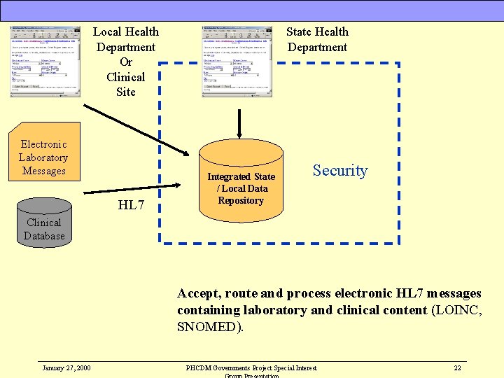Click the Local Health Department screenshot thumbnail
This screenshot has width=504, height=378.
[x=45, y=61]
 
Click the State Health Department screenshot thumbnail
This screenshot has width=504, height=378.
[x=237, y=61]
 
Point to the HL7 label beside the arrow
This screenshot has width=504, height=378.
[x=131, y=205]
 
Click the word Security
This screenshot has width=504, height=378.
[x=339, y=171]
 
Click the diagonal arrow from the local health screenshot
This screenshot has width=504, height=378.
[x=136, y=129]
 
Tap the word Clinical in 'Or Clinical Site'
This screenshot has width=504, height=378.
[x=126, y=77]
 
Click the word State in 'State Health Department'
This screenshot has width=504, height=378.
[x=301, y=31]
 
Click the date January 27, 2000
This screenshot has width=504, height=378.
[x=66, y=367]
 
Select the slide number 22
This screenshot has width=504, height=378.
[x=457, y=367]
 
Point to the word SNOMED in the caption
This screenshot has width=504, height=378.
[x=209, y=327]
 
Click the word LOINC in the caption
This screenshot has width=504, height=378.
[x=458, y=310]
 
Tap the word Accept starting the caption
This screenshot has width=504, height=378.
[x=198, y=293]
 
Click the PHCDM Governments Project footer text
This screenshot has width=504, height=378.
[x=251, y=367]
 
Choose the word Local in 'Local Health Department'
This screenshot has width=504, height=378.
[x=108, y=31]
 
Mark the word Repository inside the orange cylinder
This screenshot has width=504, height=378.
[x=241, y=201]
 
